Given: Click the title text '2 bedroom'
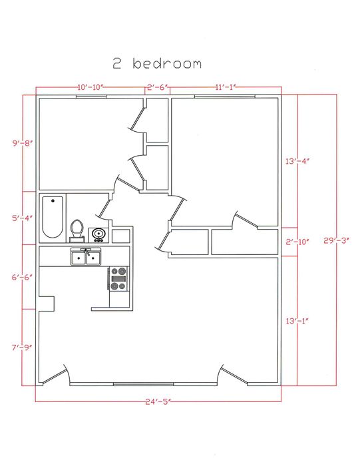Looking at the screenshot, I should coord(158,64).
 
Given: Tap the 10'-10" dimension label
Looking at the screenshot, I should coord(90,87).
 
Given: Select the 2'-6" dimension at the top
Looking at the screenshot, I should coord(158,87).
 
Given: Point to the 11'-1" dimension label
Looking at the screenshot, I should coord(226,87).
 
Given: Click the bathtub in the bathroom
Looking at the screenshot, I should coord(53,217).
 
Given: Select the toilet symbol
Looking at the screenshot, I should coord(77,230).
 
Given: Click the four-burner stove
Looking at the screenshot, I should coord(118,278).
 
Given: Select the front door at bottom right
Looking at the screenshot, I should coord(234,376).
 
